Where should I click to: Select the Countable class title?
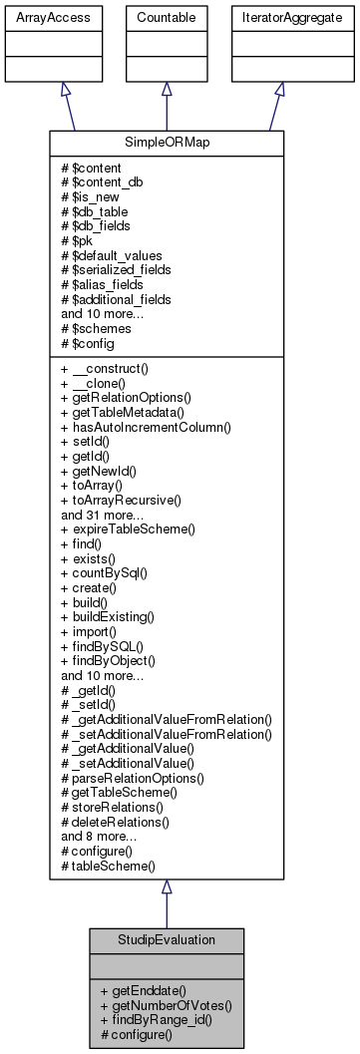point(166,18)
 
